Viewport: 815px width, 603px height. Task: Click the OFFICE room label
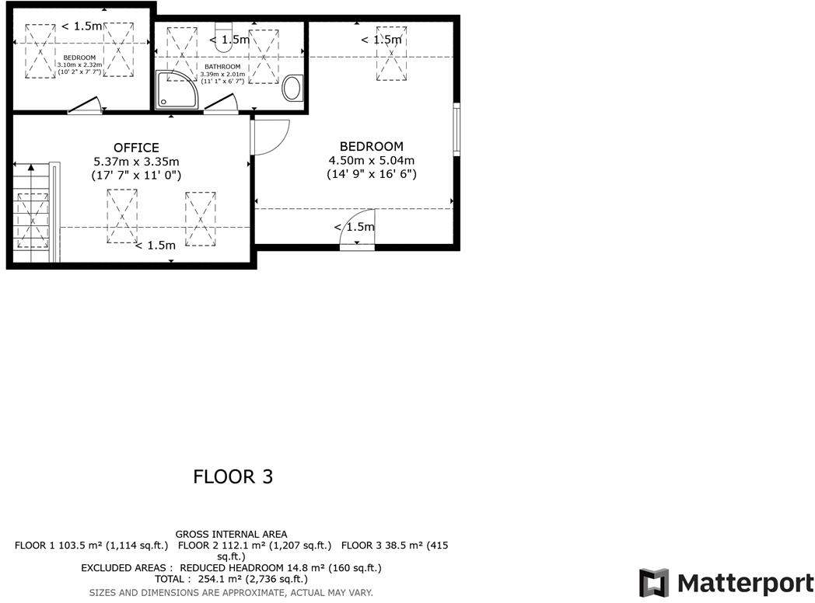click(x=136, y=148)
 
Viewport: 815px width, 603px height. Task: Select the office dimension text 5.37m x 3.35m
click(x=136, y=162)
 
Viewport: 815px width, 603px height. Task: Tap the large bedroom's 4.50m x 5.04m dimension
click(x=371, y=161)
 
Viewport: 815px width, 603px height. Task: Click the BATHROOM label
click(x=222, y=67)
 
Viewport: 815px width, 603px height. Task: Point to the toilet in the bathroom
click(x=223, y=45)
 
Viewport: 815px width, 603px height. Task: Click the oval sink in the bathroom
click(x=293, y=88)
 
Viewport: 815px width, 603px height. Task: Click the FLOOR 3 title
click(x=233, y=476)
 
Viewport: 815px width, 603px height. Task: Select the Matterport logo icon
click(x=653, y=583)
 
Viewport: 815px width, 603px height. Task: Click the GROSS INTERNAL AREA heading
click(x=231, y=534)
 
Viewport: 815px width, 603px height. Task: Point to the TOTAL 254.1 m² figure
click(x=231, y=579)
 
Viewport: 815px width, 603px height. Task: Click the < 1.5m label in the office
click(x=155, y=246)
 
